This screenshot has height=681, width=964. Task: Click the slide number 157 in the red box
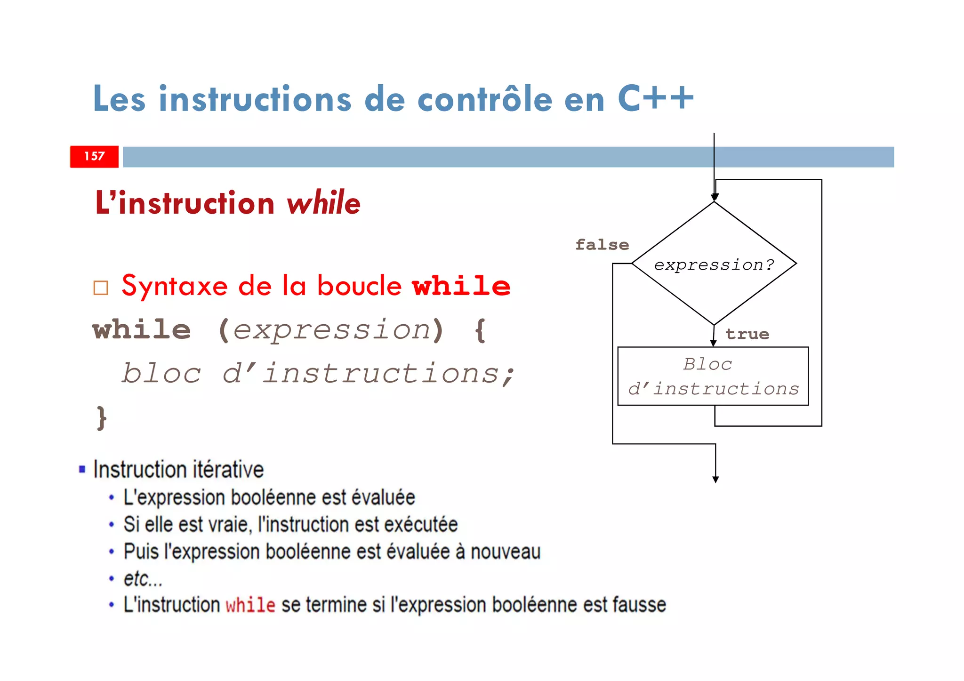[x=94, y=156]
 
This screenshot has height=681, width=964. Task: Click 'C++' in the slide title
[x=655, y=99]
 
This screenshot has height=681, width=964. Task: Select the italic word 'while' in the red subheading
[x=323, y=203]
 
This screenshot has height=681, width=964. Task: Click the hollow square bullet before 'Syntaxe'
[x=101, y=288]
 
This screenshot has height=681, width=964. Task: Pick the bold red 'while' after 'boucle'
[x=461, y=286]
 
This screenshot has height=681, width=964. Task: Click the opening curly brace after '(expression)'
[x=480, y=330]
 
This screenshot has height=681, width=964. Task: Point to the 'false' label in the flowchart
[x=602, y=245]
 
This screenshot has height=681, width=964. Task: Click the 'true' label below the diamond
[x=747, y=334]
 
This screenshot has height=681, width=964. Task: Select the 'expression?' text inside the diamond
[x=714, y=265]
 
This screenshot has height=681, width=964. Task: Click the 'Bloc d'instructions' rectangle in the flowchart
[x=713, y=377]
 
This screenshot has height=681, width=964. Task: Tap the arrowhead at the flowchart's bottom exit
[x=715, y=479]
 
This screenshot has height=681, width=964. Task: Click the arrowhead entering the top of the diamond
[x=715, y=197]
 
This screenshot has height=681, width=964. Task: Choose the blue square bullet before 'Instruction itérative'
[x=82, y=469]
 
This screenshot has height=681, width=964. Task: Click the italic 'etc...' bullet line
[x=143, y=579]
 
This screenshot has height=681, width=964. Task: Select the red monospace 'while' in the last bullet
[x=250, y=605]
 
